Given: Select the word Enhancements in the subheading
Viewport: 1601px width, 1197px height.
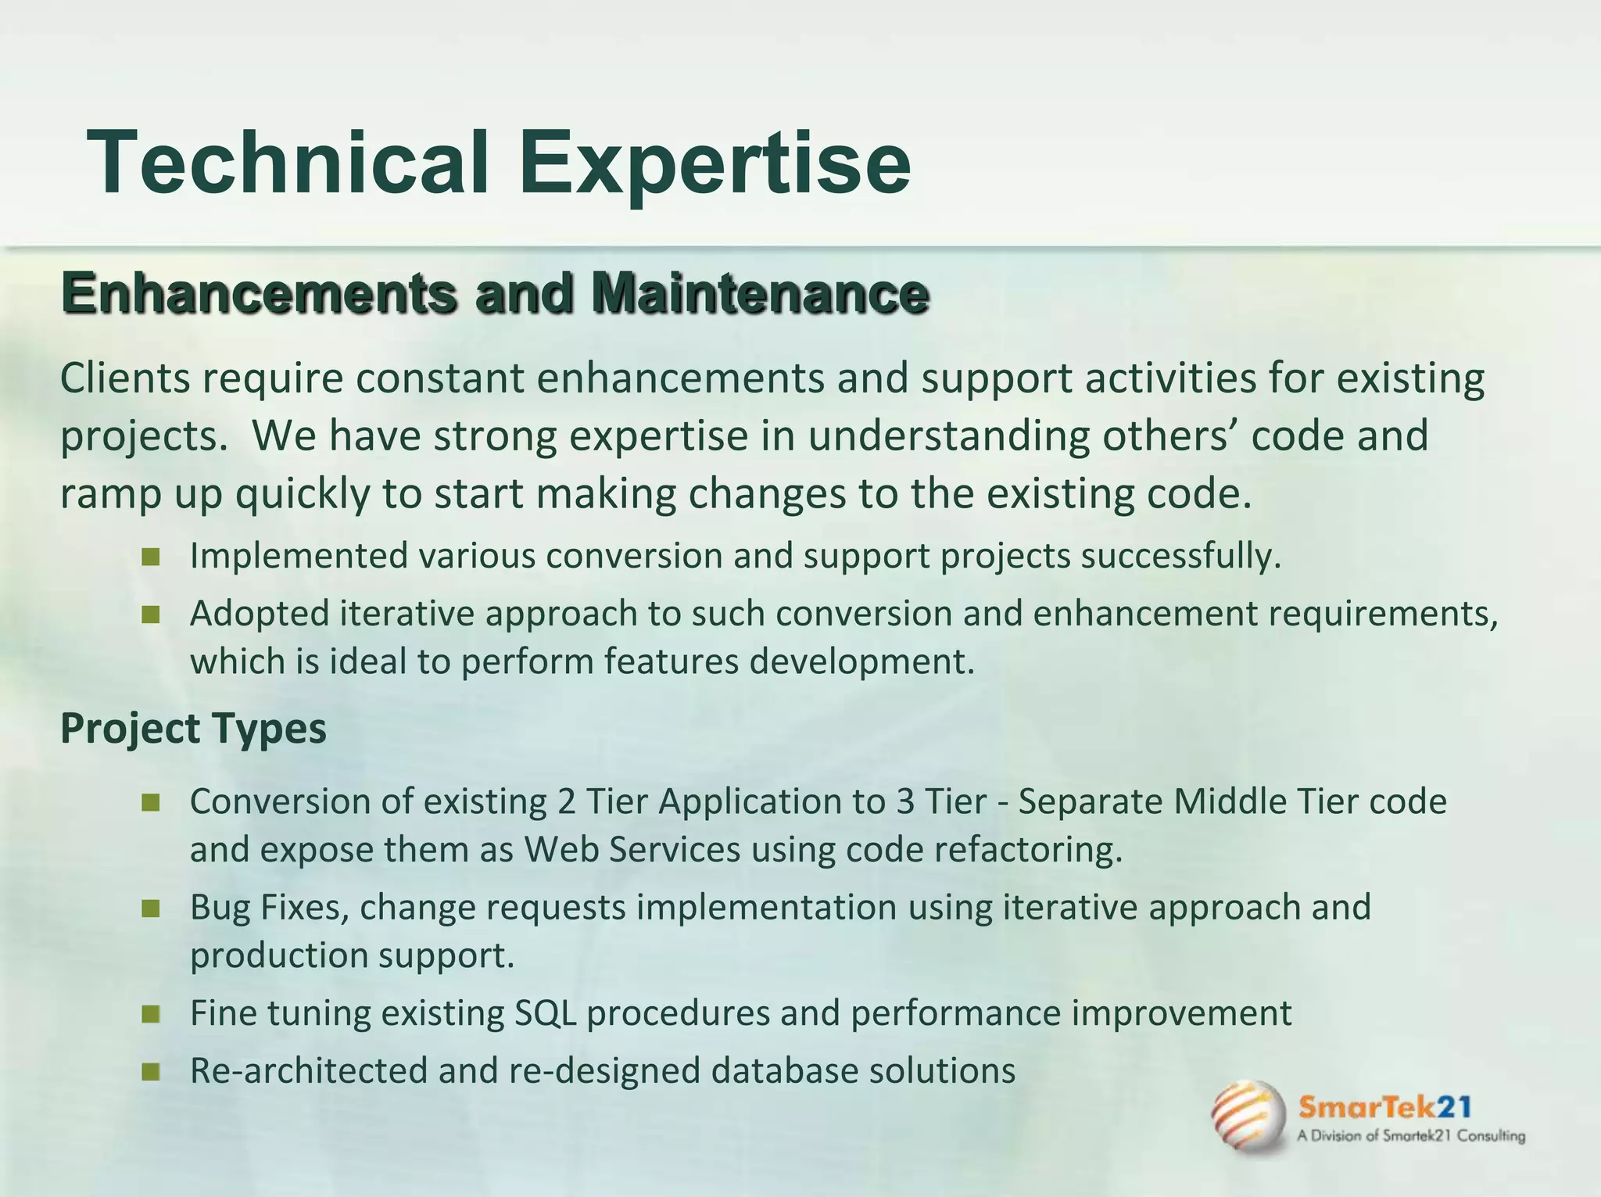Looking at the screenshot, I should (x=259, y=293).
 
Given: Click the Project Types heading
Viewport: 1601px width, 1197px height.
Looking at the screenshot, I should (x=193, y=729).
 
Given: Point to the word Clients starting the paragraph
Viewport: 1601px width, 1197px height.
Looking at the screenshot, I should (x=125, y=378).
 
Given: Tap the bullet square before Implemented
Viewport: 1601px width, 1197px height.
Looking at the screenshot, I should (x=151, y=557).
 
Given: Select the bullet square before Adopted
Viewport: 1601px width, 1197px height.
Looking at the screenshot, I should (x=151, y=615).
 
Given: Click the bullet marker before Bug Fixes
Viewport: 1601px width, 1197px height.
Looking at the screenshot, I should (x=151, y=909).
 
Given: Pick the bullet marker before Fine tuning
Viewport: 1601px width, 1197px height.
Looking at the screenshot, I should (x=151, y=1014).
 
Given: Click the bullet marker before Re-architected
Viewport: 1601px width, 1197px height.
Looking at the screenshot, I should (x=151, y=1071).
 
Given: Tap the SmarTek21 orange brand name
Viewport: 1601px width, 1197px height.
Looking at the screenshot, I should (x=1384, y=1107).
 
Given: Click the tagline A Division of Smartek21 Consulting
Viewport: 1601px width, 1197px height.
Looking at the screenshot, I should (x=1410, y=1136).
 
